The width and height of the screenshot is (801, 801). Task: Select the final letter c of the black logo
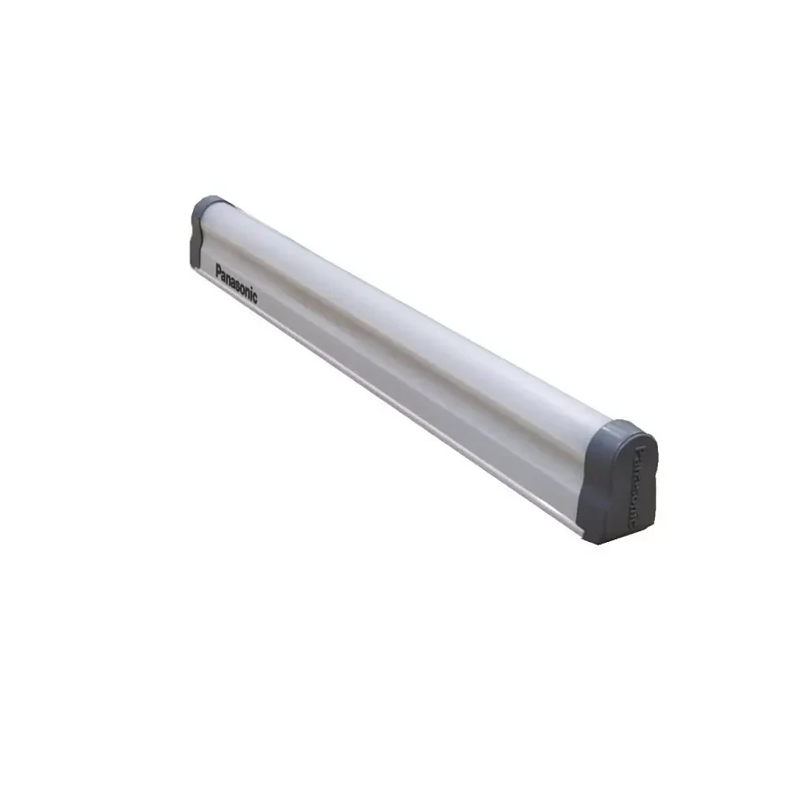tap(255, 298)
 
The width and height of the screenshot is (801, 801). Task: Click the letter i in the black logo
tap(251, 294)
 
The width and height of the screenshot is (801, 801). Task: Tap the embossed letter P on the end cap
tap(637, 451)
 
